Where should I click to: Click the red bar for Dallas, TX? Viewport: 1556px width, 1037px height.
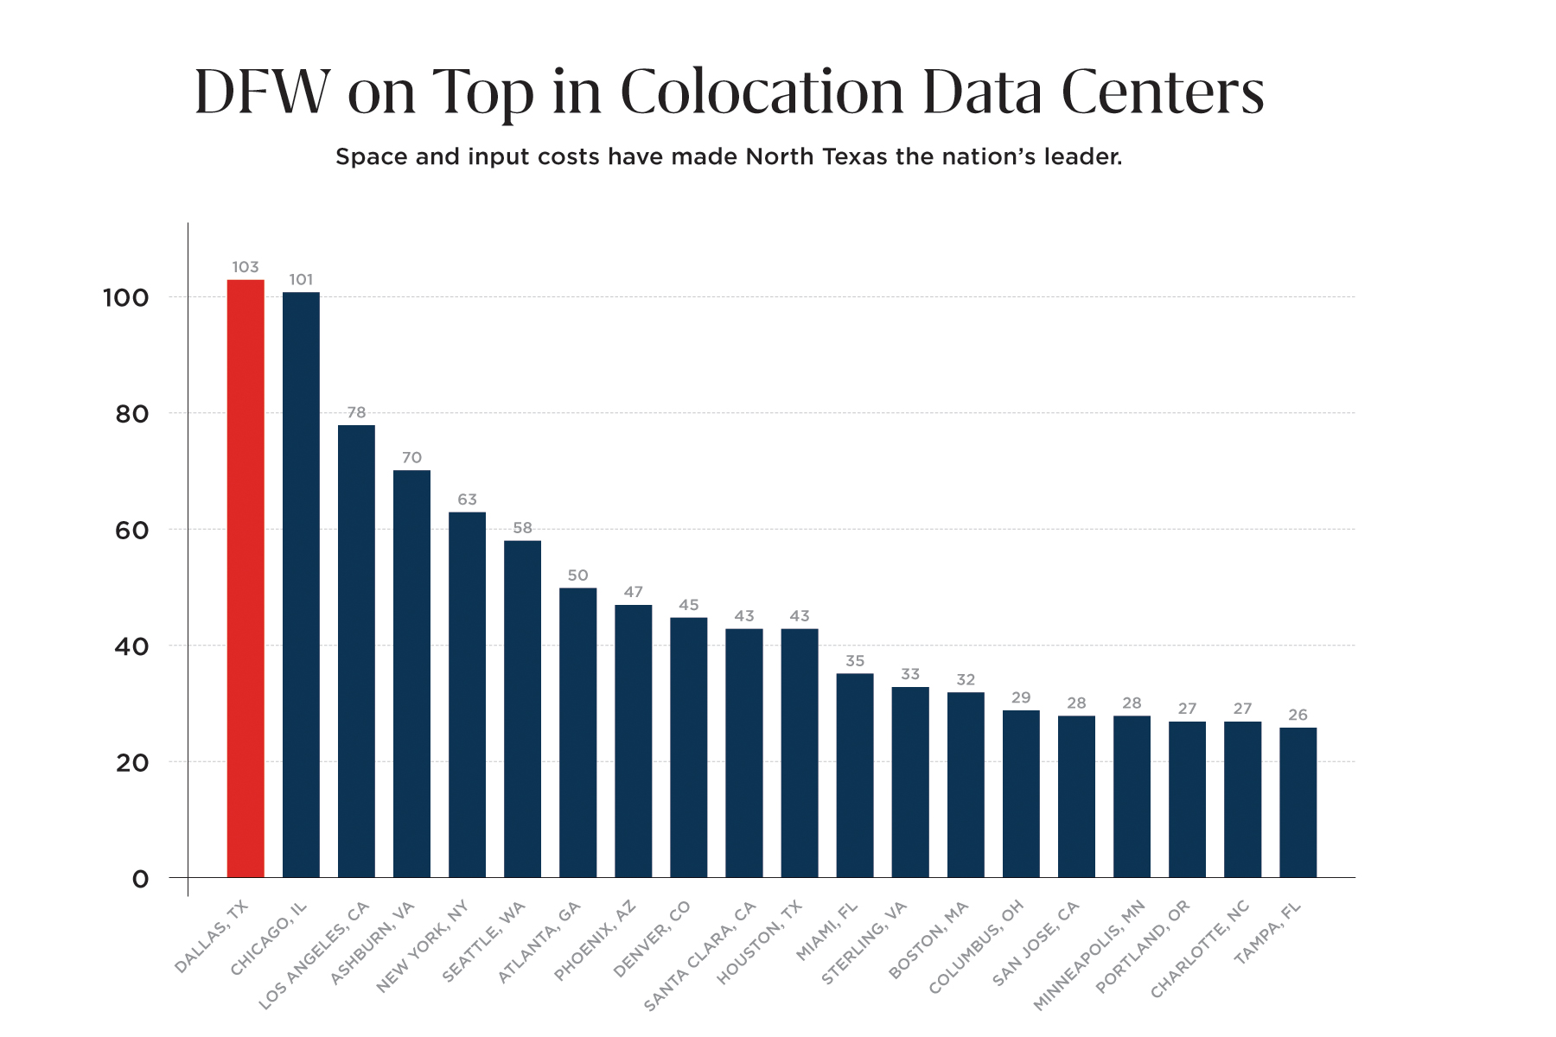point(246,579)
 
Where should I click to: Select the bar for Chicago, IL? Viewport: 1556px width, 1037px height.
point(301,585)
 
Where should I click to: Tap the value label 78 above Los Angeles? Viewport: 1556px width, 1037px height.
point(356,413)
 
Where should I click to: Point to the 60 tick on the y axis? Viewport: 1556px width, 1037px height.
point(131,531)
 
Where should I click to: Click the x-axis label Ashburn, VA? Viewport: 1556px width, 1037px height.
point(373,943)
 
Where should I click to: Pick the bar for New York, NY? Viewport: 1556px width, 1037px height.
point(467,695)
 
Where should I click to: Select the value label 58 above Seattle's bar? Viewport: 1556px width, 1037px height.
point(522,528)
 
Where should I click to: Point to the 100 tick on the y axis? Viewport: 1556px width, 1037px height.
point(126,298)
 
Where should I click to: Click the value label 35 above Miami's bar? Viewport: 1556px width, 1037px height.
point(855,661)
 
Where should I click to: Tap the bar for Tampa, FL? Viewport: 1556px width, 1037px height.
point(1298,803)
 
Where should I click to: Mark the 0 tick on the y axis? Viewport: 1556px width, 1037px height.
point(140,880)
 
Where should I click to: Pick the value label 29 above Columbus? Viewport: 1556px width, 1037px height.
point(1021,697)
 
